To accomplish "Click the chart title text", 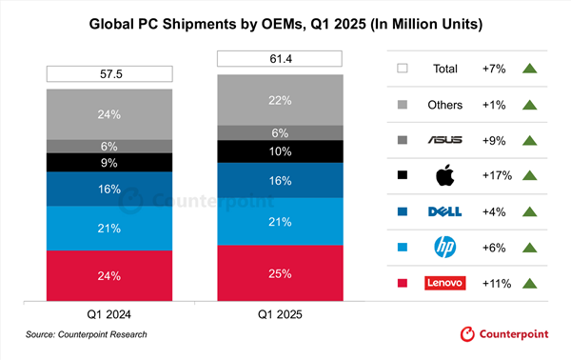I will [285, 21].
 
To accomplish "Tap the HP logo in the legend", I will [445, 247].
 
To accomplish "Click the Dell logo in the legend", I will [445, 210].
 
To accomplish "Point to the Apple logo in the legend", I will [445, 174].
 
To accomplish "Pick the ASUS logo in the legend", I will [445, 139].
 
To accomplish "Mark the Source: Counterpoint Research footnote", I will [87, 335].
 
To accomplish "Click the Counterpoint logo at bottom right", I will [509, 335].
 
